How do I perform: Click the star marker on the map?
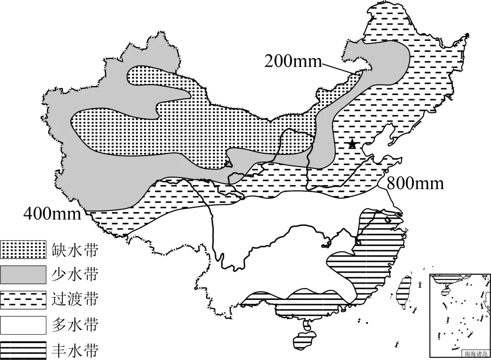pos(352,145)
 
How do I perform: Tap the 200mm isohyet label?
pos(293,61)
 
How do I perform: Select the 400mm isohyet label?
pos(52,212)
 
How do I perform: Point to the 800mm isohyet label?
pos(415,183)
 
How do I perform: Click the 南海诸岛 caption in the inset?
pos(474,353)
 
